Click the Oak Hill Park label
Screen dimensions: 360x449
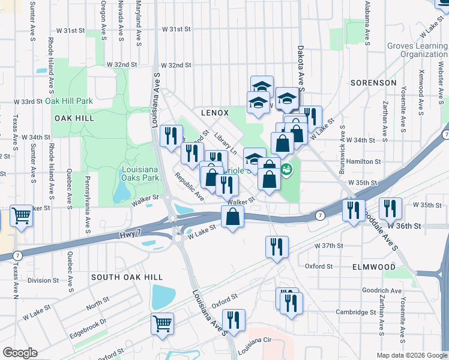click(69, 101)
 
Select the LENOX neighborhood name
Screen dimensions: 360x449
click(215, 112)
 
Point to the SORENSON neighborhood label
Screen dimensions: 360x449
click(373, 82)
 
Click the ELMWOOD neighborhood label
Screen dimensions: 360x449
click(374, 266)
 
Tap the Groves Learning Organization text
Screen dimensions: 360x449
click(417, 50)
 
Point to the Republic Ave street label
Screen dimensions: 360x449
click(190, 187)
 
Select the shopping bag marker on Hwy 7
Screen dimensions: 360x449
click(233, 217)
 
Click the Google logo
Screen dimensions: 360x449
click(20, 353)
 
